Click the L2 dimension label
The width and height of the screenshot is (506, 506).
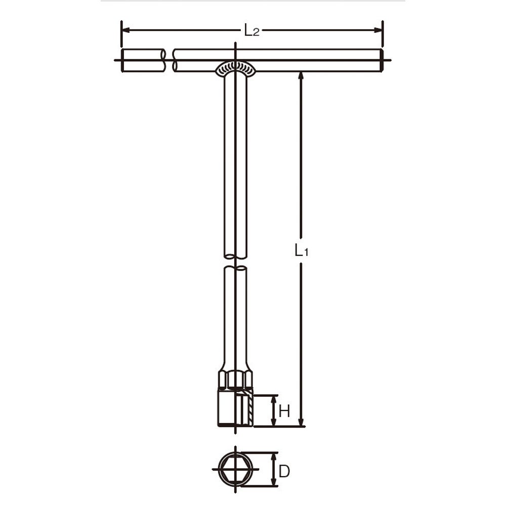click(x=251, y=31)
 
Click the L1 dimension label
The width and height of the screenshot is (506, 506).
click(x=302, y=250)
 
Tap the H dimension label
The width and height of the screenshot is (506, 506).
click(x=284, y=411)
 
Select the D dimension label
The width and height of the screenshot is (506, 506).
click(x=284, y=472)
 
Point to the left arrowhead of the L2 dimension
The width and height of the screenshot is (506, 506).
click(x=126, y=30)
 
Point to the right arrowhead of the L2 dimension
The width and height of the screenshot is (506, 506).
click(x=377, y=30)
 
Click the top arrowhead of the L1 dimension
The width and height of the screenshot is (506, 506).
click(x=301, y=76)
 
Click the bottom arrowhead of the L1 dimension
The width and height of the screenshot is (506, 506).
click(x=301, y=422)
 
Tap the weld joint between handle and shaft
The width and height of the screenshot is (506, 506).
click(x=236, y=68)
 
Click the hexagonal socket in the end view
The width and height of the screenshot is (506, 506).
click(x=235, y=469)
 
